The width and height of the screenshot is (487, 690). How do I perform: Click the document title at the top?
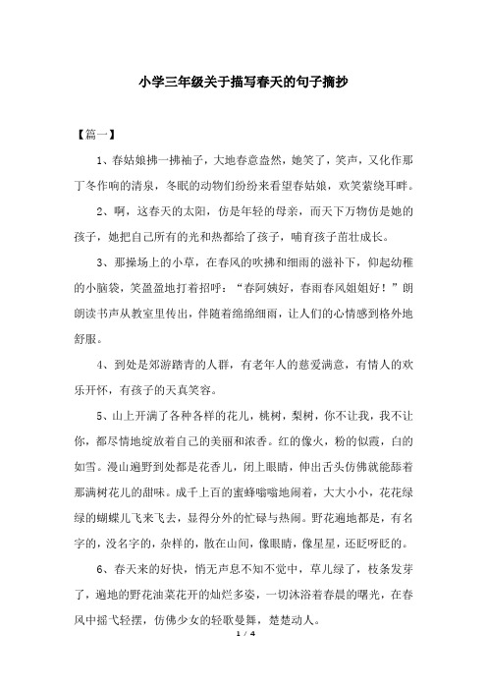(x=243, y=85)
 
